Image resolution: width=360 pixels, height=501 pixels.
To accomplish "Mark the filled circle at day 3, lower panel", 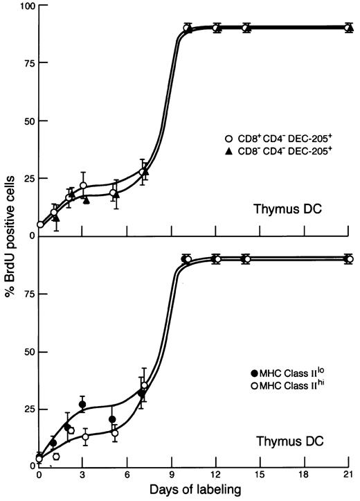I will tap(82, 405).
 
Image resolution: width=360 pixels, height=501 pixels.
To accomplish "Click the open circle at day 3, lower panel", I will tap(85, 437).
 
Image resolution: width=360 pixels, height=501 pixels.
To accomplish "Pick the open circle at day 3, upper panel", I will tap(84, 186).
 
